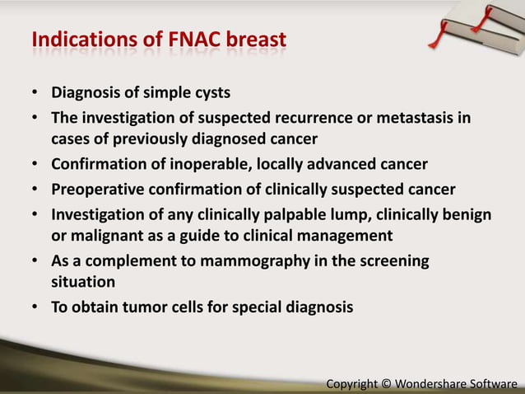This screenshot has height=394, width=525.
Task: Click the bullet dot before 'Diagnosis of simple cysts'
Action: tap(36, 91)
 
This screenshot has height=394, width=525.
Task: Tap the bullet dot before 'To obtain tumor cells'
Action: tap(36, 308)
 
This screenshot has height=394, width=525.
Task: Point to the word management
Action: tap(337, 236)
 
